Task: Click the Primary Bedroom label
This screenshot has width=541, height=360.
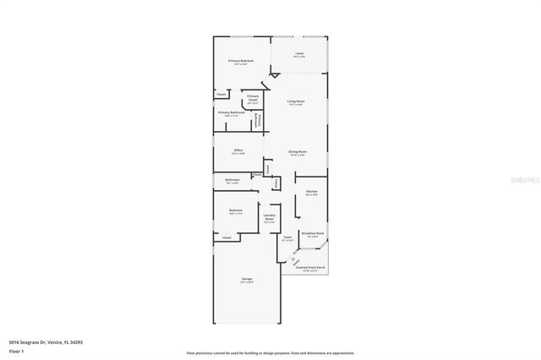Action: (x=240, y=61)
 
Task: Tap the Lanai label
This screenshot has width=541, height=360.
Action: (x=298, y=54)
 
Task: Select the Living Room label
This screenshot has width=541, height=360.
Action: (x=295, y=101)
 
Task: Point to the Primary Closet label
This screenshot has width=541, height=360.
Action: (x=253, y=97)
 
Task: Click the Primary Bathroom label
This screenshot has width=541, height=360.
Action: (x=232, y=112)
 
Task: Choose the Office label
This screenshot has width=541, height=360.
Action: (x=238, y=150)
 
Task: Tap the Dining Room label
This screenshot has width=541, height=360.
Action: (x=298, y=151)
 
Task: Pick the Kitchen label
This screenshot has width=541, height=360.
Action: (x=311, y=192)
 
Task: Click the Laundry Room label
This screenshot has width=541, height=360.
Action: (x=270, y=217)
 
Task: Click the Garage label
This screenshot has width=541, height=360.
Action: (x=247, y=279)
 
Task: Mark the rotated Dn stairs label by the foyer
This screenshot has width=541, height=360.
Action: (x=295, y=260)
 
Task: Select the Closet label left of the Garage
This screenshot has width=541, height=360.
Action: (x=226, y=238)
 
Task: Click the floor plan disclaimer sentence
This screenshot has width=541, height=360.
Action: (x=270, y=353)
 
